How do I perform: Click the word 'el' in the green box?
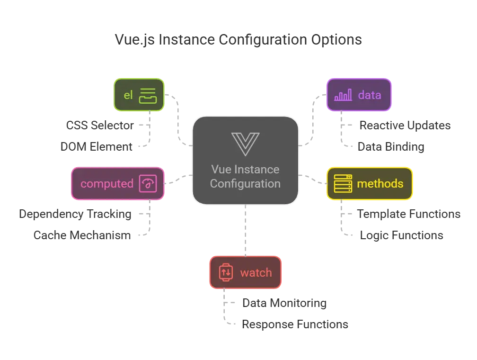pos(128,95)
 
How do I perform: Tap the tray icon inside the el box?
pos(148,95)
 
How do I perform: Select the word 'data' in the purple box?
pos(370,95)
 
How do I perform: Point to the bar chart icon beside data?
pos(343,96)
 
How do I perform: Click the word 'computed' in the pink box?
pos(107,184)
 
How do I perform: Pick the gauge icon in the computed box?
pos(148,184)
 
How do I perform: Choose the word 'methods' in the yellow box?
pos(380,184)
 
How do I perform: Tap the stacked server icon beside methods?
pos(343,184)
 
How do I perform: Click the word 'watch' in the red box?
pos(256,273)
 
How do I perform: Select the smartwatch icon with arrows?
pos(226,273)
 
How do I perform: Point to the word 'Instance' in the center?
pos(259,170)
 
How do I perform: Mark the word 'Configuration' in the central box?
pos(245,183)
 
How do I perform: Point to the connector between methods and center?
pos(313,179)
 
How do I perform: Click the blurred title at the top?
pos(239,40)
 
